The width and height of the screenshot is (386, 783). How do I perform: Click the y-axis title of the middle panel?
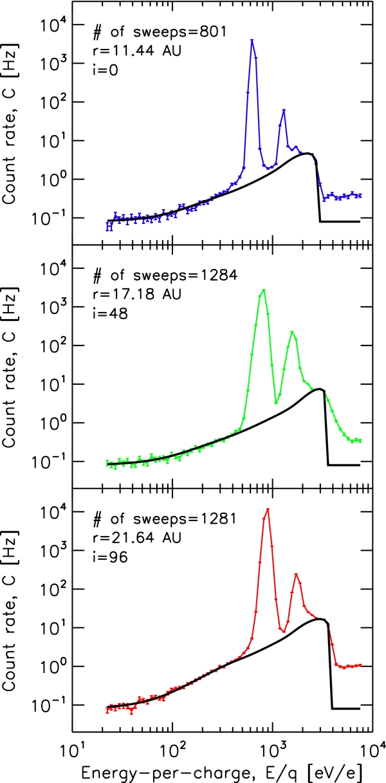tap(15, 366)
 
